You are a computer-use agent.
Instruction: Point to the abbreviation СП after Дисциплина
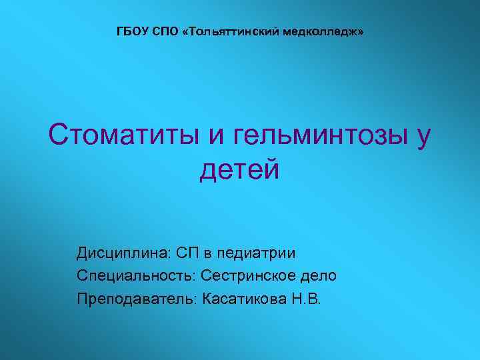click(189, 253)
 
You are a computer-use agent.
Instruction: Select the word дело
click(318, 275)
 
